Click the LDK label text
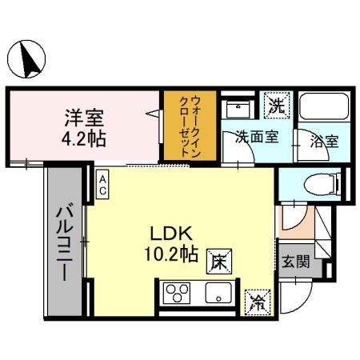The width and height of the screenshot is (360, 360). pos(170,234)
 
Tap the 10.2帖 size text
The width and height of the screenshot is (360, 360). pos(171,255)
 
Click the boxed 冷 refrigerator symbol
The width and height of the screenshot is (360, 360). pos(258,302)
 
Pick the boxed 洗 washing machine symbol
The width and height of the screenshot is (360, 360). pos(276,104)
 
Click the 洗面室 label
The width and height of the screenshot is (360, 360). pos(256,137)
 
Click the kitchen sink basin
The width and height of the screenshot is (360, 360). pos(218,294)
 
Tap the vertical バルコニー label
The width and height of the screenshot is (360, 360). pos(63,240)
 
